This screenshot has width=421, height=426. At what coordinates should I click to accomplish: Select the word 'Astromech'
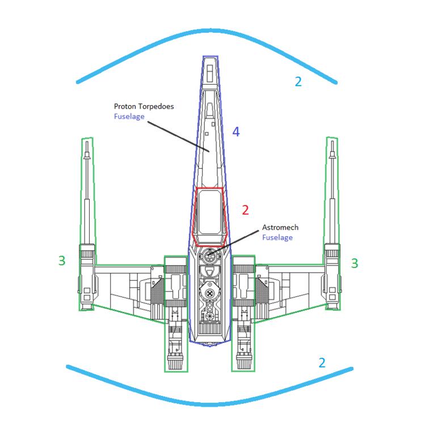(x=280, y=227)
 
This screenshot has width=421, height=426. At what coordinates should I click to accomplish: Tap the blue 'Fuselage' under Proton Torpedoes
(x=129, y=116)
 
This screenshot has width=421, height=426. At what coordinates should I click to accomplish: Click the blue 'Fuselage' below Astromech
(x=277, y=237)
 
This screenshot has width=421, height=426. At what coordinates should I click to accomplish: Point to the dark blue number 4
(x=236, y=132)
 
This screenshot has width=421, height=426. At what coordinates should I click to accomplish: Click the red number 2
(x=245, y=210)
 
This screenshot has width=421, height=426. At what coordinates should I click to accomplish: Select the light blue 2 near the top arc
(x=298, y=81)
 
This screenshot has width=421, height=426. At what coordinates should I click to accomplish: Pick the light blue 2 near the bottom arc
(x=322, y=362)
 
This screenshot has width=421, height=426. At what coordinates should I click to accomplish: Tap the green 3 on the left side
(x=62, y=261)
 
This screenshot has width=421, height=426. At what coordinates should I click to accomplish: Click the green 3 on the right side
(x=355, y=263)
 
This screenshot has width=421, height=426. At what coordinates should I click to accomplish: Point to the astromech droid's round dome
(x=210, y=256)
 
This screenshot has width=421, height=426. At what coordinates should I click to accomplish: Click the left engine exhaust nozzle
(x=176, y=360)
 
